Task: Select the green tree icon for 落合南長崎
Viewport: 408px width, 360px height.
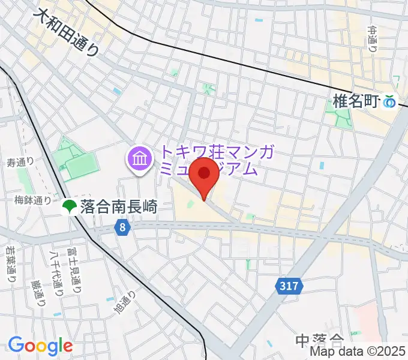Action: [x=68, y=207]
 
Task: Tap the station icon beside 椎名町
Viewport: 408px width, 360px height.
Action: [x=391, y=102]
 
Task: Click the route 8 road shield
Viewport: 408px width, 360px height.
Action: [x=122, y=227]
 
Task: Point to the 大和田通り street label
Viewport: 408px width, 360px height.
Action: [x=66, y=32]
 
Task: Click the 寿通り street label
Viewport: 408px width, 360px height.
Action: [x=20, y=162]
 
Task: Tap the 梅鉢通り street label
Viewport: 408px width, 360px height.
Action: [x=34, y=200]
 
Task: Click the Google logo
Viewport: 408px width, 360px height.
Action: [x=40, y=346]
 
